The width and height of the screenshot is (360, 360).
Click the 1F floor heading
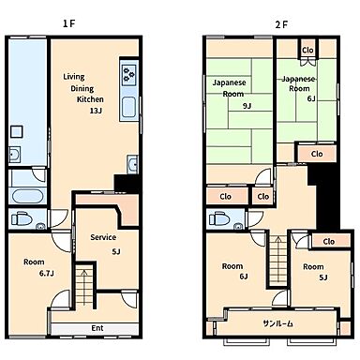point(69,23)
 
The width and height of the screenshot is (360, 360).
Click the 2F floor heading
point(281,24)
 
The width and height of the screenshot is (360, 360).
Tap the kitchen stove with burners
point(129,74)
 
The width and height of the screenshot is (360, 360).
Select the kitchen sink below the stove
point(128,107)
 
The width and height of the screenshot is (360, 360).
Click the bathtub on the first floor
point(27,196)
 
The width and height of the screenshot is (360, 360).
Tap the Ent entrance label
point(97,328)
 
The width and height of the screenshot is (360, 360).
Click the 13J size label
point(96,111)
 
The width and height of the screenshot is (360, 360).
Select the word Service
point(103,237)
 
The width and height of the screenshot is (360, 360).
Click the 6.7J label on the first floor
point(47,274)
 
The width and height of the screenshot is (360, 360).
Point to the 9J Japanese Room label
point(247,106)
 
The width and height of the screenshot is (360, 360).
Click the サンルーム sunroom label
point(277,323)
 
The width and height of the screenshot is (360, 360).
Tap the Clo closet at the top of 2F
point(307,50)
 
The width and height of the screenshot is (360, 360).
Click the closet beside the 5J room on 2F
point(329,242)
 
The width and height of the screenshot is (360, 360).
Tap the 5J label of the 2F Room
point(323,277)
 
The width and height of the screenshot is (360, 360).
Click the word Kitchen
point(90,99)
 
